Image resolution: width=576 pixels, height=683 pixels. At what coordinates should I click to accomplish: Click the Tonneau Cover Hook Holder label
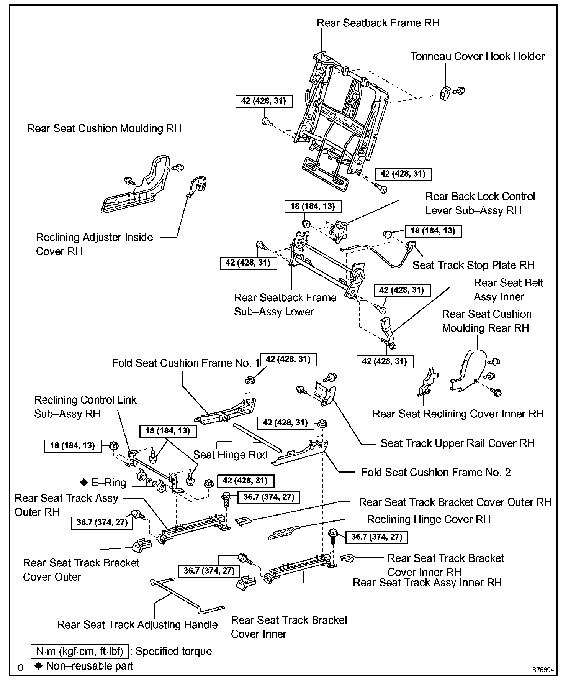tap(477, 57)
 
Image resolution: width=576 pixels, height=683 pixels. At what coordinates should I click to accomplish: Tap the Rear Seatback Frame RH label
tap(378, 23)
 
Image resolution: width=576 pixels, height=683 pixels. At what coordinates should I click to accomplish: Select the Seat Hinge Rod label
tap(230, 455)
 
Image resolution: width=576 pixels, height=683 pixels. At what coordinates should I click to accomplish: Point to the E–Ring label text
tap(109, 483)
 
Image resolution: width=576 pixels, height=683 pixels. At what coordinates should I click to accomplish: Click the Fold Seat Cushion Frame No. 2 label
tap(436, 472)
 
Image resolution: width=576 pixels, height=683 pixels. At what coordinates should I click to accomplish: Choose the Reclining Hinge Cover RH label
tap(429, 519)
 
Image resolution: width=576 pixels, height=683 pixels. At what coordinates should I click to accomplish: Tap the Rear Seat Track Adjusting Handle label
tap(137, 625)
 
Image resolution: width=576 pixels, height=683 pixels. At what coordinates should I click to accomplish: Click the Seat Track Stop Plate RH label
tap(473, 265)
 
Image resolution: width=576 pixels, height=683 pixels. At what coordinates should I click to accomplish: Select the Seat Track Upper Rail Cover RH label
tap(457, 443)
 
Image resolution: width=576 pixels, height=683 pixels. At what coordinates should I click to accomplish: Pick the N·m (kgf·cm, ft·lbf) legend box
tap(80, 651)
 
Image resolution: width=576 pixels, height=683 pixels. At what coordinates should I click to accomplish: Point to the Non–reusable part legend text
tap(89, 666)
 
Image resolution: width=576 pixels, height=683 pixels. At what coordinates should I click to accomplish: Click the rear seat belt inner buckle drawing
tap(388, 330)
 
